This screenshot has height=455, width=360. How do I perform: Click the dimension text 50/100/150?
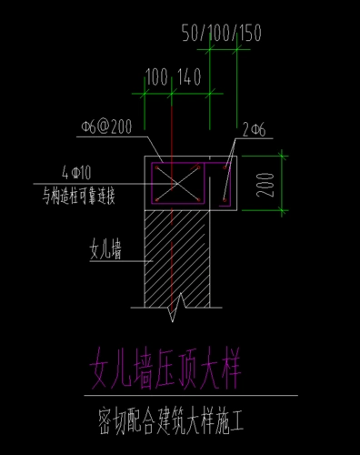point(222,34)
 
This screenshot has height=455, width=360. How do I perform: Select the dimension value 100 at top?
point(156,76)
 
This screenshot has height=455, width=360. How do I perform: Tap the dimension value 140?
point(189,76)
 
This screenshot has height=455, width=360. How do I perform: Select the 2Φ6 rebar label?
point(253,130)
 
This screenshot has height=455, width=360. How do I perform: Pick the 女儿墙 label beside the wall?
point(107,248)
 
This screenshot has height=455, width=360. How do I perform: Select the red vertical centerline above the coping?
point(170,109)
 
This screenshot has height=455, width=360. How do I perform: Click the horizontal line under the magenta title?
point(191,396)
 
